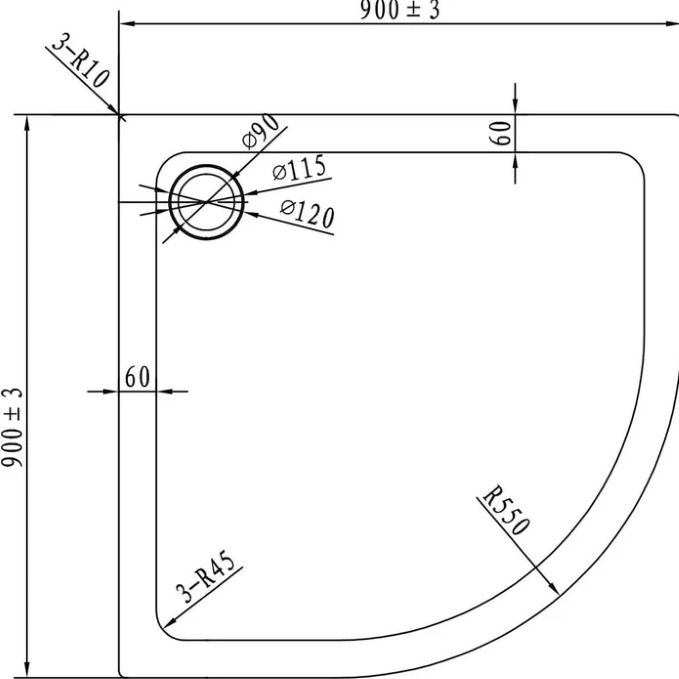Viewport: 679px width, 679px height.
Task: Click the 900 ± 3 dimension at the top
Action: point(399,10)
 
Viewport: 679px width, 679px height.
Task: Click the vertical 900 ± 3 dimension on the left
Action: point(12,427)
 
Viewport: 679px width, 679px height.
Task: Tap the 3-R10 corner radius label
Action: point(81,61)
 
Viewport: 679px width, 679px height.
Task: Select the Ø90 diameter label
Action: point(261,131)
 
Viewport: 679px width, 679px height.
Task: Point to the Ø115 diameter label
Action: point(299,168)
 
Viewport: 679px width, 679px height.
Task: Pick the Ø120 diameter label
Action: point(307,213)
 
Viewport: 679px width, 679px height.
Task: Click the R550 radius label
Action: point(506,510)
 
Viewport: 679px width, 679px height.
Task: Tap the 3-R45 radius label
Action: point(206,577)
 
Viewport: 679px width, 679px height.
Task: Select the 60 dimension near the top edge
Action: point(502,133)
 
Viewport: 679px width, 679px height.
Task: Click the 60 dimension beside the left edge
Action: point(137,377)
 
